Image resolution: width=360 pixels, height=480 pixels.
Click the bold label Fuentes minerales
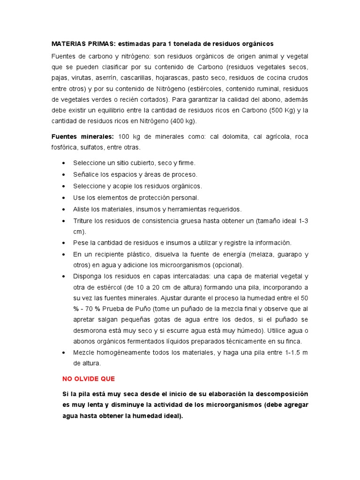coord(82,136)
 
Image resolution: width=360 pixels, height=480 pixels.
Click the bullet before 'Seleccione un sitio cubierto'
coord(64,163)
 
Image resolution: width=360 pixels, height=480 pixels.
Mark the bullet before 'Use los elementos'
coord(64,198)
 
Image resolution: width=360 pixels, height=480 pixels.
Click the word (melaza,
coord(255,255)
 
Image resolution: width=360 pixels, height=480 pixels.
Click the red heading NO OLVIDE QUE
coord(89,378)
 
